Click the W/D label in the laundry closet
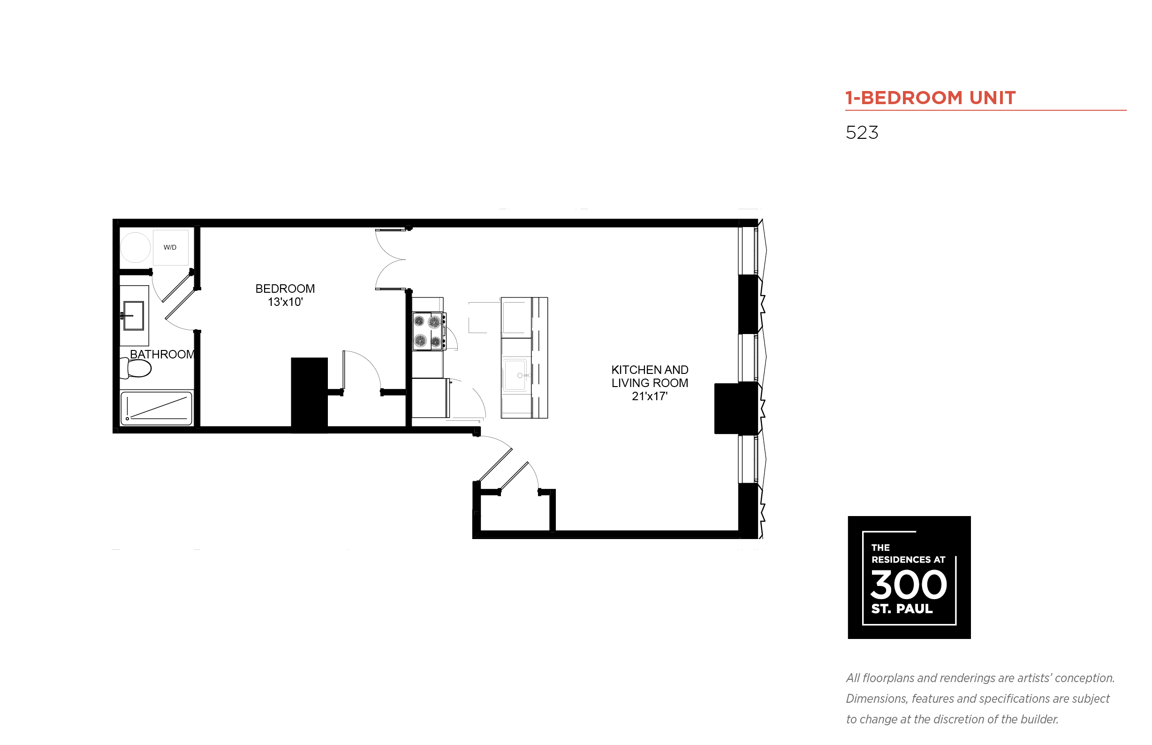click(170, 247)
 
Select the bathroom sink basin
click(134, 315)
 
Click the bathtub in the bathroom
click(156, 408)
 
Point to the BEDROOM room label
click(285, 289)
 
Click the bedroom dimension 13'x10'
click(285, 302)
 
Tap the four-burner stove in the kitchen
click(429, 331)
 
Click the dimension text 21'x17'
click(650, 396)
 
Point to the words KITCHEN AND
click(650, 370)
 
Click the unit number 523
click(862, 133)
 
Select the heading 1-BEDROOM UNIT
click(930, 98)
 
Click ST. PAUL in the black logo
click(902, 608)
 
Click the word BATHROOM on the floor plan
click(162, 355)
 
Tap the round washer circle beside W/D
click(135, 247)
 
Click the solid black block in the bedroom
click(309, 395)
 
